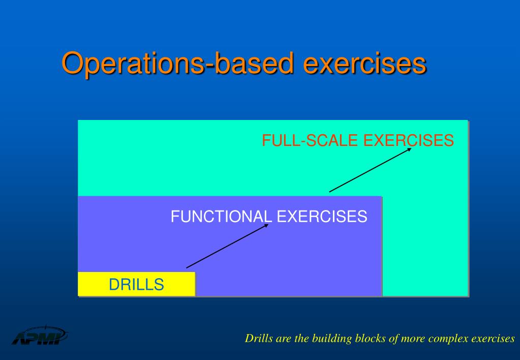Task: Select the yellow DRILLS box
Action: tap(136, 284)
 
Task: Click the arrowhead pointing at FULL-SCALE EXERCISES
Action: tap(409, 150)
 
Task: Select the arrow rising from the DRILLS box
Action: tap(227, 246)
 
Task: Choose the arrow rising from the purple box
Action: tap(370, 170)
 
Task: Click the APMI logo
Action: tap(40, 336)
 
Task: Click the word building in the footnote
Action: tap(329, 339)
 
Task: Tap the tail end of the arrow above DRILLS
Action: tap(187, 267)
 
